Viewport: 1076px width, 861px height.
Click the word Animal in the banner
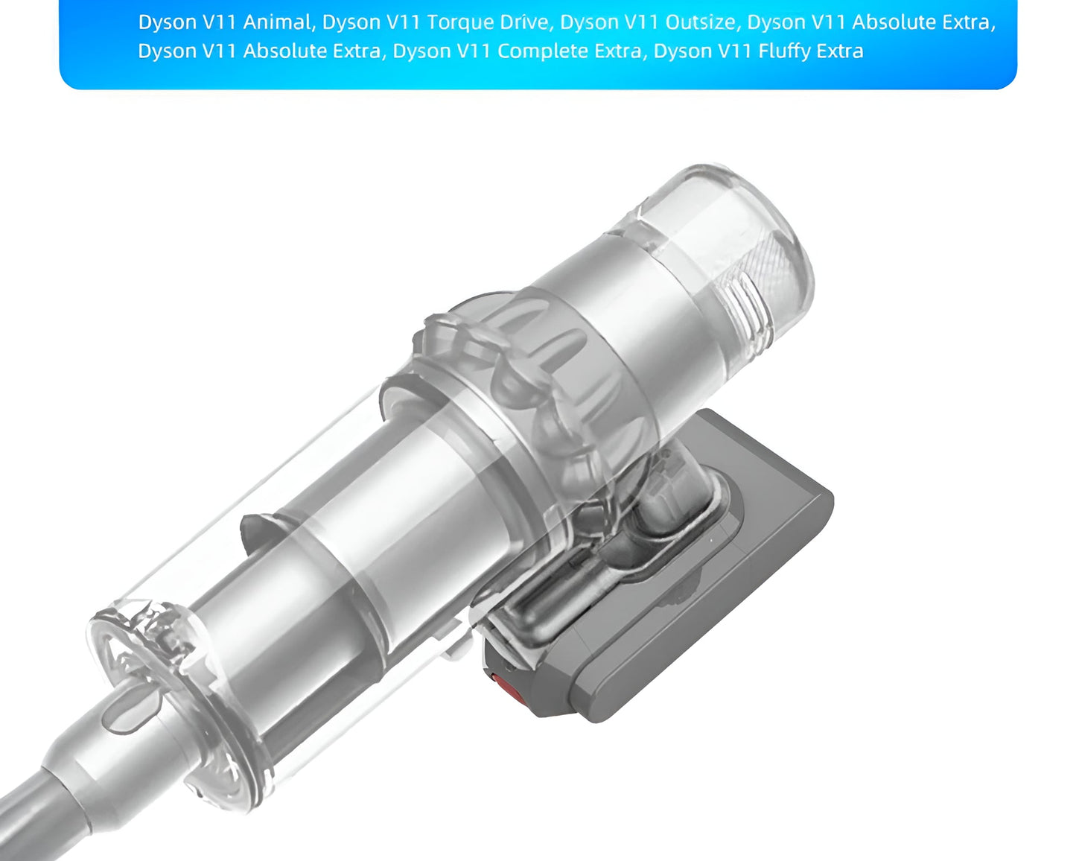tap(277, 22)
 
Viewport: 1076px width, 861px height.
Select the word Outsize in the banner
tap(700, 22)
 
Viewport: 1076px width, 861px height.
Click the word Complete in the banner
tap(537, 51)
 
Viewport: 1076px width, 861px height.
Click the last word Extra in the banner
tap(839, 51)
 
